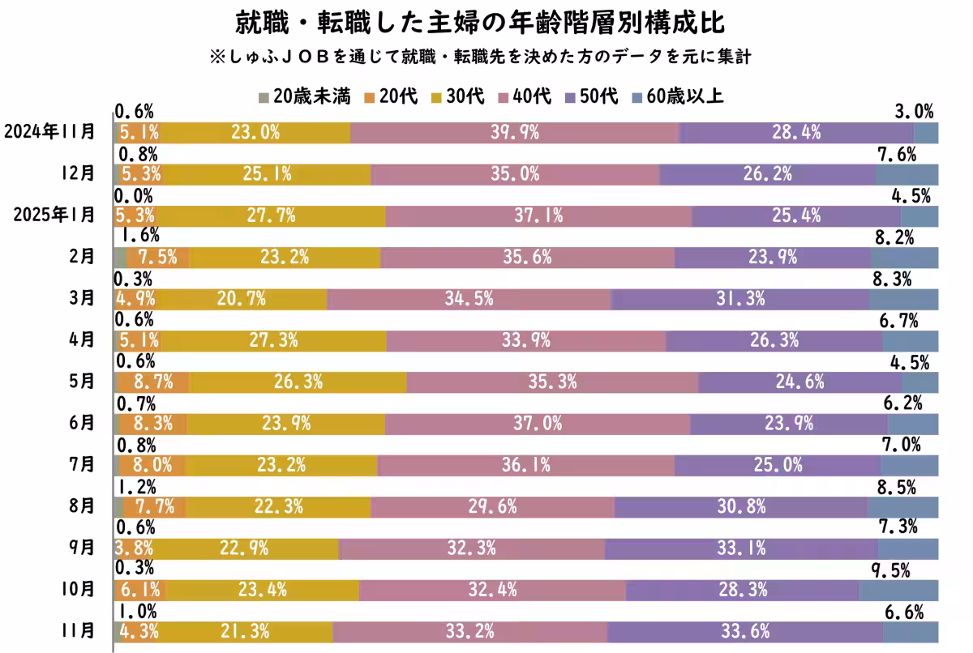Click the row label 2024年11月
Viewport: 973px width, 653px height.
[x=49, y=131]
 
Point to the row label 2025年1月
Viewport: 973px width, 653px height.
[x=49, y=215]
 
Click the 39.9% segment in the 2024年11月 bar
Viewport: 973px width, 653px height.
[x=514, y=133]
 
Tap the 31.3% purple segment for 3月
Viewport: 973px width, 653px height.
[x=739, y=299]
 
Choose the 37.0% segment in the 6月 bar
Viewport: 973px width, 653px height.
[x=538, y=424]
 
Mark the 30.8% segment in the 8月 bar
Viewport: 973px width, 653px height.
[x=740, y=507]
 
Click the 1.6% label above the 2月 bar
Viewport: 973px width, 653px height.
[x=139, y=236]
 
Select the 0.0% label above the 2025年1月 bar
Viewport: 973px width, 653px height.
[x=135, y=195]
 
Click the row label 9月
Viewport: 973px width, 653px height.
[x=82, y=548]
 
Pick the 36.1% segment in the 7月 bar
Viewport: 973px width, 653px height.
[x=525, y=465]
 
